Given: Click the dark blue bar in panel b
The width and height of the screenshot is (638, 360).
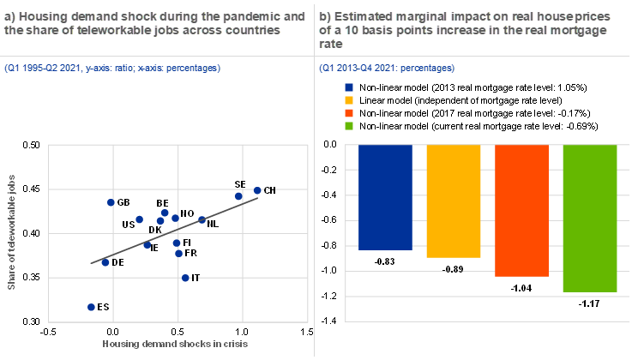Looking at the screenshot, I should coord(385,197).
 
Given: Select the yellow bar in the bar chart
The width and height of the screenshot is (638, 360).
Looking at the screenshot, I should coord(454,201).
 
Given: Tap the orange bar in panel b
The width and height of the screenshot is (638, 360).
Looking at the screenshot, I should coord(521,211).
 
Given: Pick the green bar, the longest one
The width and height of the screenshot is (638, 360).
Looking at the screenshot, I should coord(590,219).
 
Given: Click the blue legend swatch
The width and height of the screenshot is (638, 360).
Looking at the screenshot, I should coord(349,87).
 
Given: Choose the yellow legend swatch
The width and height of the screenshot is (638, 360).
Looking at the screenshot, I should coord(349,100).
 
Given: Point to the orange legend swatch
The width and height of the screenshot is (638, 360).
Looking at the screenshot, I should coord(349,113).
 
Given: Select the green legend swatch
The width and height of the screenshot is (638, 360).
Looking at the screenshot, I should coord(349,126).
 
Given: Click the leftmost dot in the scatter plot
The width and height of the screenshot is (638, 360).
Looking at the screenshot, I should coord(91,307).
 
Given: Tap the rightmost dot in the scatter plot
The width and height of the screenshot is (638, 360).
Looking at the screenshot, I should coord(257,190).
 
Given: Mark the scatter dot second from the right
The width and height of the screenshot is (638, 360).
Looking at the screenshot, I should coord(238,196).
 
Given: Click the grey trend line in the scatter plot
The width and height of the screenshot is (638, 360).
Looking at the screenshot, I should coord(172,231).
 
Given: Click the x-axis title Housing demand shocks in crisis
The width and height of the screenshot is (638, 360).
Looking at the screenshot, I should coord(175,344).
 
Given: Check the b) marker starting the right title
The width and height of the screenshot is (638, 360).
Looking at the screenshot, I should coord(324,16).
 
